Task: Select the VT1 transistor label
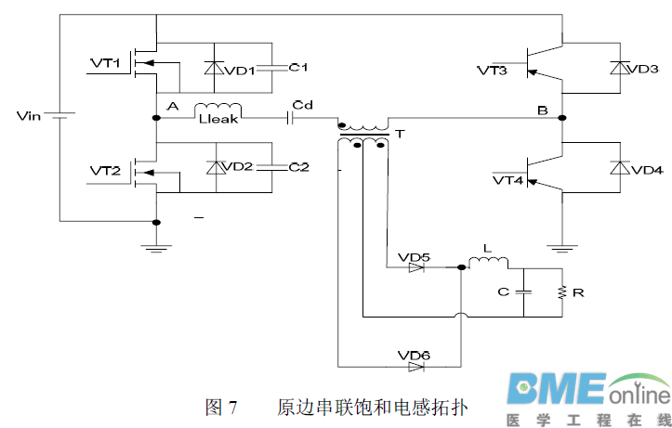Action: click(105, 63)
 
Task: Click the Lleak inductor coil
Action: click(218, 110)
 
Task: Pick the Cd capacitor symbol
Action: click(293, 118)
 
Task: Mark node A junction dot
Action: click(156, 118)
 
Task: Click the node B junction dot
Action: click(563, 118)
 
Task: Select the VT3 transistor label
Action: click(493, 70)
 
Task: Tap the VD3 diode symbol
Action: click(617, 68)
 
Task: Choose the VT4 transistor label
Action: click(507, 179)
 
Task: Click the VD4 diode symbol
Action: click(617, 168)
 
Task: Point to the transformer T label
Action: click(400, 135)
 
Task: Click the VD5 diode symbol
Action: click(416, 267)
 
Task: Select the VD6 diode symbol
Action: click(416, 366)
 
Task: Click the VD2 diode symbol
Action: click(216, 167)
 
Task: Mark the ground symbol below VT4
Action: click(563, 247)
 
